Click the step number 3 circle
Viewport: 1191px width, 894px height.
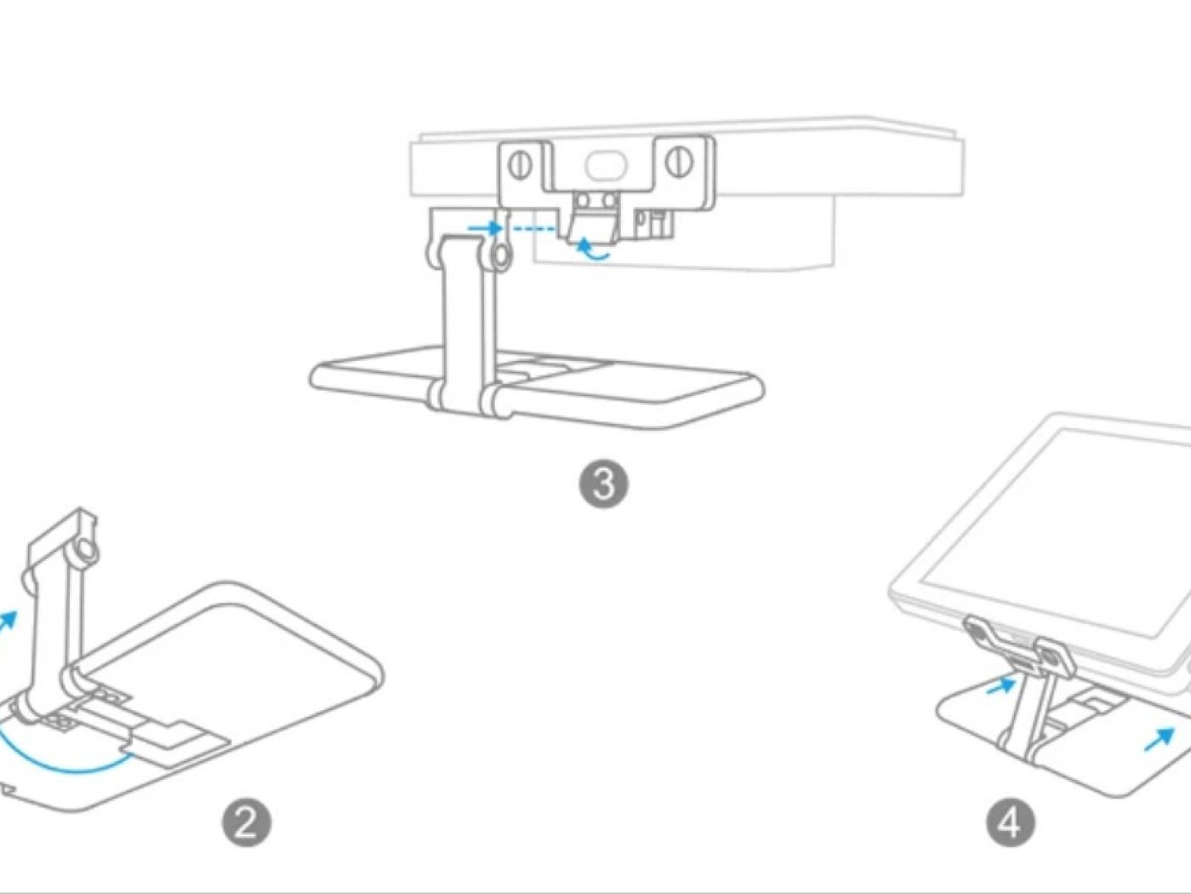tap(603, 484)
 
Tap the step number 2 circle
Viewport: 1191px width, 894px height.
tap(247, 822)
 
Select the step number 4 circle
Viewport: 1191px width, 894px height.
tap(1011, 822)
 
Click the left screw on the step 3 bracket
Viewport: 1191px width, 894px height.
tap(521, 163)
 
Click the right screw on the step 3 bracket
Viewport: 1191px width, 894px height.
tap(678, 162)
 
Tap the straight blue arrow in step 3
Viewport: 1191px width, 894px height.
tap(487, 227)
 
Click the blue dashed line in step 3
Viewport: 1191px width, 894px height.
tap(533, 228)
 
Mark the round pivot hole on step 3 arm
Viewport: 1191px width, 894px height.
tap(502, 255)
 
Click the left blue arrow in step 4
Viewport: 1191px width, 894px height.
tap(1000, 685)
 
